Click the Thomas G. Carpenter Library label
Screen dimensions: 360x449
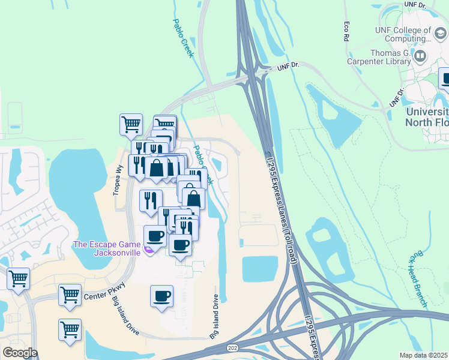click(381, 56)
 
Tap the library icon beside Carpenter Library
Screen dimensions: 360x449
click(420, 57)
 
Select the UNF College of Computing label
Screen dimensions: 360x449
click(403, 34)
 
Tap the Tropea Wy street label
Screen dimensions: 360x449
click(118, 177)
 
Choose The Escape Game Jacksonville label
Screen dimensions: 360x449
click(107, 248)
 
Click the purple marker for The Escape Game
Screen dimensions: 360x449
click(148, 247)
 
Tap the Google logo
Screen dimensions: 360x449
click(20, 353)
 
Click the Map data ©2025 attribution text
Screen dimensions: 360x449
click(423, 355)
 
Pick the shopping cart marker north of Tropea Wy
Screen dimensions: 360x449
click(131, 125)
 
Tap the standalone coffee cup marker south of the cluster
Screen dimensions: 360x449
click(161, 296)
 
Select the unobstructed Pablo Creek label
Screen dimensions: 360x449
click(183, 38)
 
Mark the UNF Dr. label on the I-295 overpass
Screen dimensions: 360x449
click(288, 67)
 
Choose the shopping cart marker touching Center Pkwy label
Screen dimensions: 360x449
click(70, 295)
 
